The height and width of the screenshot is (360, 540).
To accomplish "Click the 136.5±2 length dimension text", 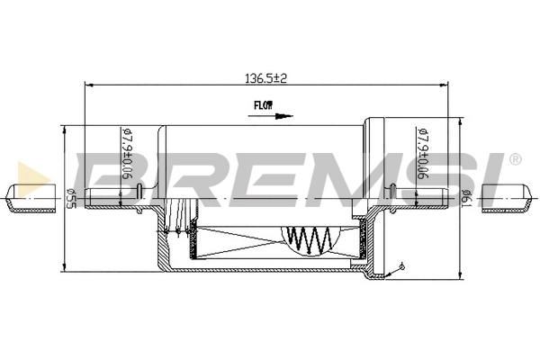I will tap(265, 78).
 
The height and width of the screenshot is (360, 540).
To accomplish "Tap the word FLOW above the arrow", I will tap(262, 105).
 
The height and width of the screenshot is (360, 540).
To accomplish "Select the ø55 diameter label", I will tap(70, 198).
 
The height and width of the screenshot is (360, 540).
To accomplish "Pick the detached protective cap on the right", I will tap(508, 198).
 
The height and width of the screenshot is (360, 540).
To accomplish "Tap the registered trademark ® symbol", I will tap(514, 160).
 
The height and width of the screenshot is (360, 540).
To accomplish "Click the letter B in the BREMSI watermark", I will tap(103, 176).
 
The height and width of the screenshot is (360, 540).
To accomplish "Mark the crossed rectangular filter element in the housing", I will tap(241, 241).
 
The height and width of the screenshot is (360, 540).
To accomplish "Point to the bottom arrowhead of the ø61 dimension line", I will tap(461, 268).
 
